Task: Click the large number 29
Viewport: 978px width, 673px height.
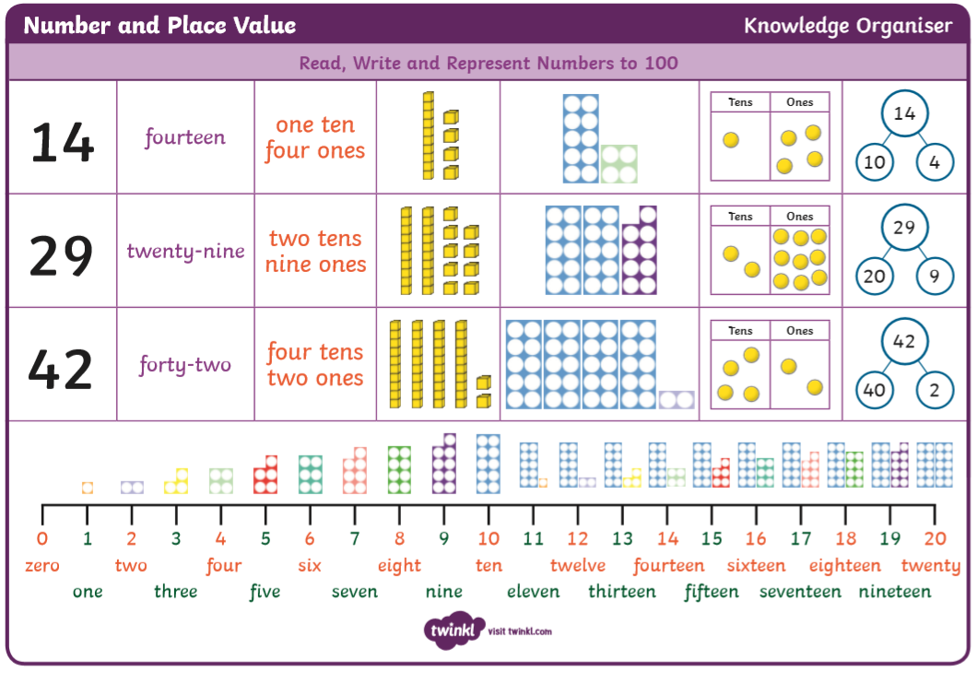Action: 61,255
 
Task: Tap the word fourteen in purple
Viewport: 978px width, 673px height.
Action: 184,137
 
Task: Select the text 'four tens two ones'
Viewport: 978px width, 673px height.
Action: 315,364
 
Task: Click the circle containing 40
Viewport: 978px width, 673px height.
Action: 874,390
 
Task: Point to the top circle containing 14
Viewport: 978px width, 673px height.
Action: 904,114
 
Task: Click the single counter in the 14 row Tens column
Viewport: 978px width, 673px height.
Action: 731,140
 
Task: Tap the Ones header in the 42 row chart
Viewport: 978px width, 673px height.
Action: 800,331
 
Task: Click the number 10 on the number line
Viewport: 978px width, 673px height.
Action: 489,539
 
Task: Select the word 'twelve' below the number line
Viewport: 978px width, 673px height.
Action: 578,565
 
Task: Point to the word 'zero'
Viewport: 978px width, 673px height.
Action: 41,565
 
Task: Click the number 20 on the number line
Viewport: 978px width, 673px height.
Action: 935,539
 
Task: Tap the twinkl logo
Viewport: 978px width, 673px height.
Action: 454,631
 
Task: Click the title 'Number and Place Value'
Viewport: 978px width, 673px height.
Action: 159,25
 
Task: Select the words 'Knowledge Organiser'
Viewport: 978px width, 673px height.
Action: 848,25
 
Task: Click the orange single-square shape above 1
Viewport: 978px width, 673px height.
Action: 88,488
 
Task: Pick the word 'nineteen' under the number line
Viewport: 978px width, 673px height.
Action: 894,591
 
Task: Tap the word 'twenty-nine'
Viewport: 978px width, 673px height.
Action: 185,251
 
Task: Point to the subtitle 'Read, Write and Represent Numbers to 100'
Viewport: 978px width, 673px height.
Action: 489,64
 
